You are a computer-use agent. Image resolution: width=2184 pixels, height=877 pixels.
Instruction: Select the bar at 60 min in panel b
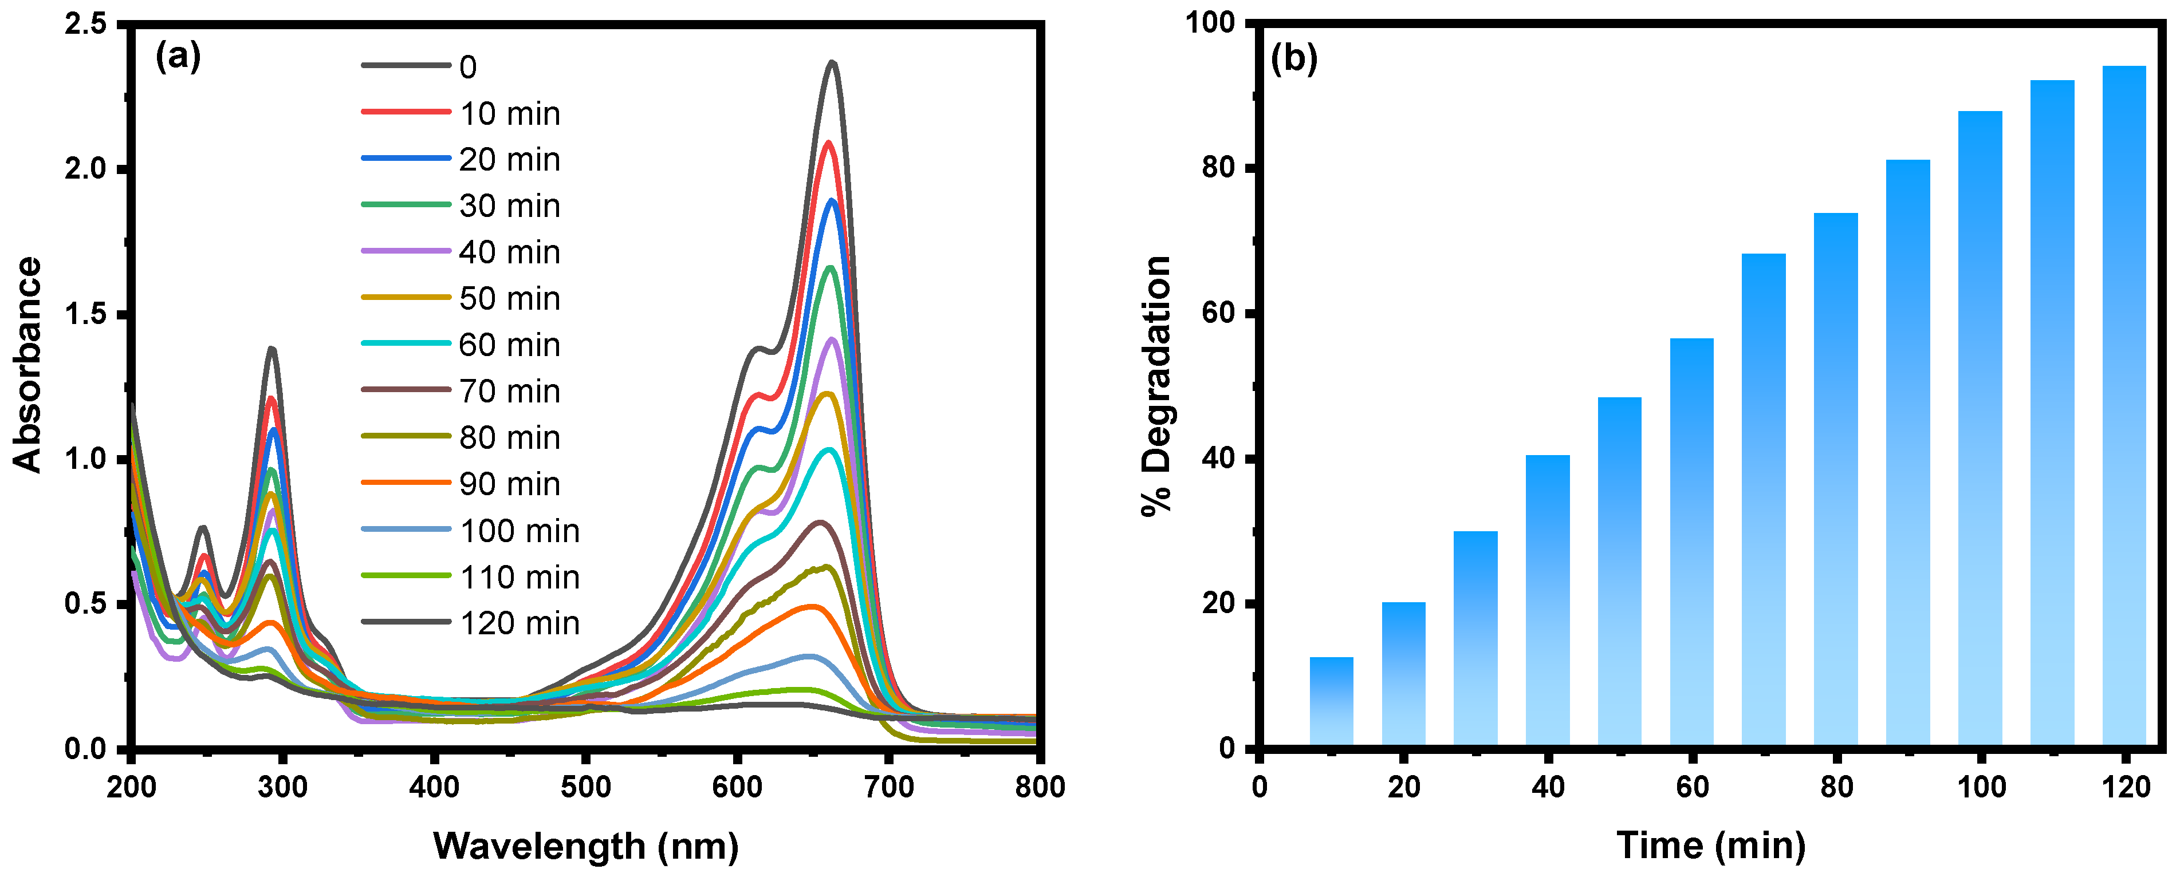(1691, 542)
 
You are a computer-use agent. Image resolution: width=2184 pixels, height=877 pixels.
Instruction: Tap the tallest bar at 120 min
(2124, 406)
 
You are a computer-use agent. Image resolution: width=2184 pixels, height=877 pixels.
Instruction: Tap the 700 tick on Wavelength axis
(888, 787)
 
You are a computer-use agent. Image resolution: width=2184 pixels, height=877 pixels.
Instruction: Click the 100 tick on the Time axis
(1981, 787)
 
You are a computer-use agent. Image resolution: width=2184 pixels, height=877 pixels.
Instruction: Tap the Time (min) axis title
(1711, 846)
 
